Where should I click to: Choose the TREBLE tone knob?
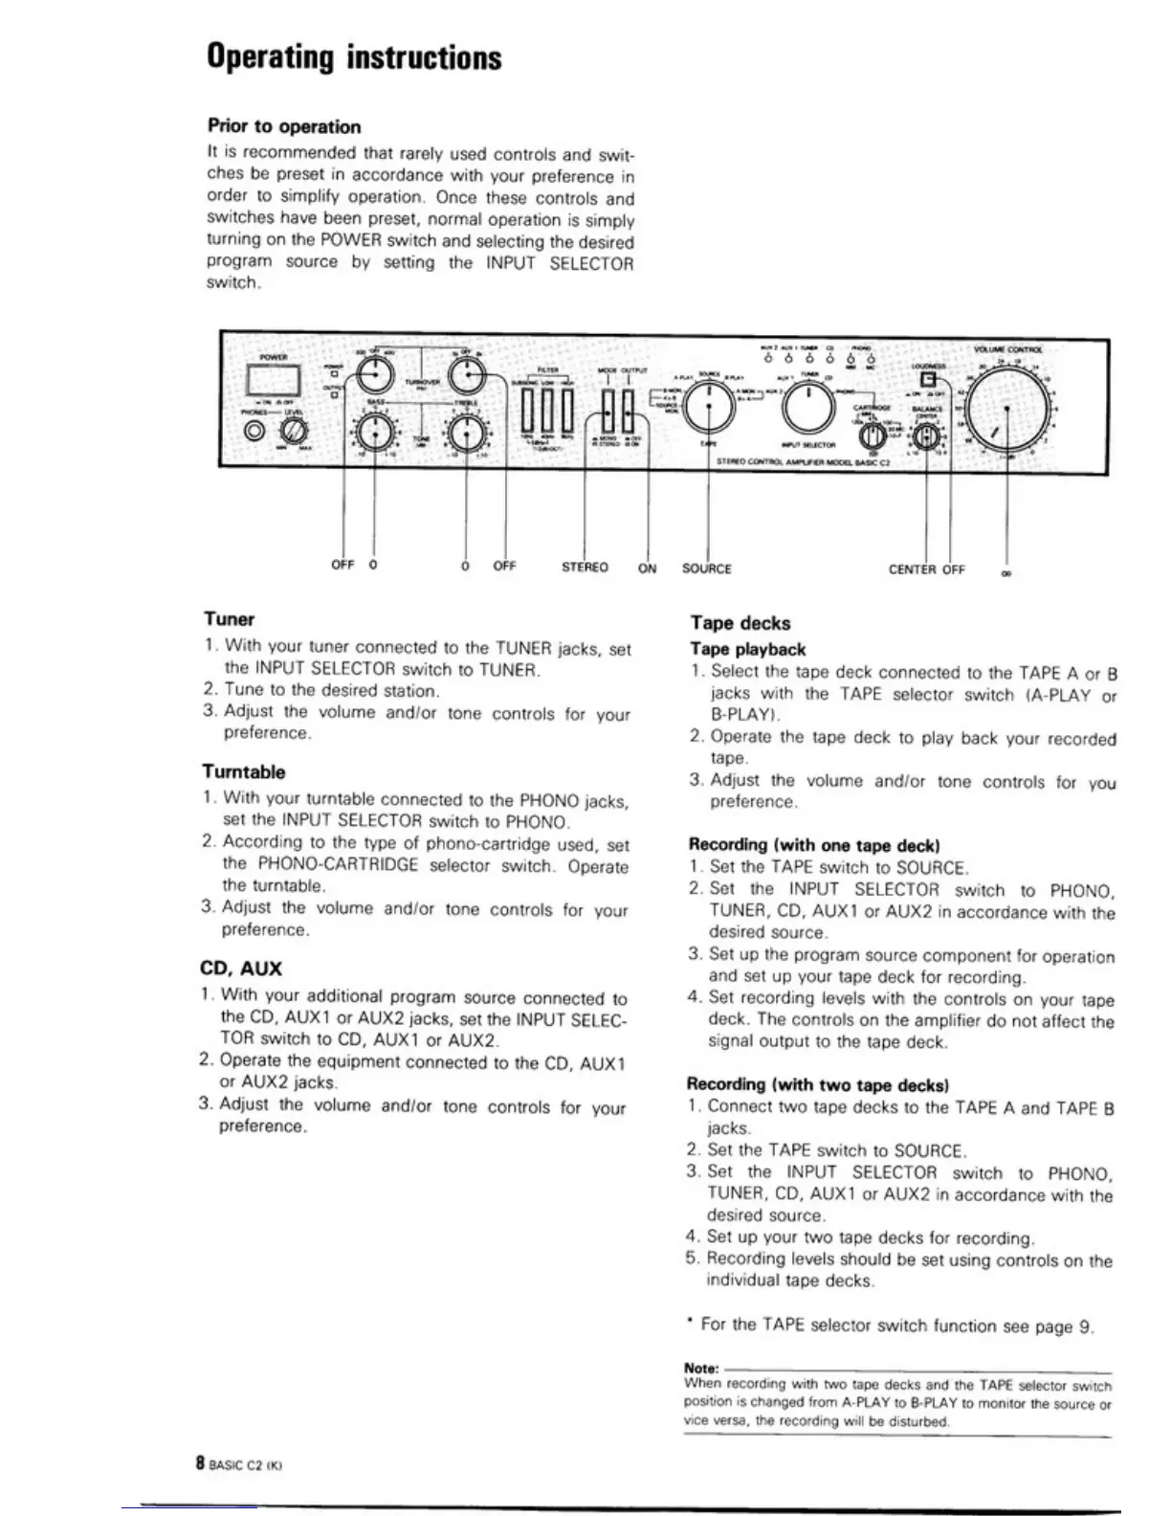[466, 435]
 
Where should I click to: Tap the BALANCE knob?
[925, 436]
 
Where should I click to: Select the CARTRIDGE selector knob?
[873, 436]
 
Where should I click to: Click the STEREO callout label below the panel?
[585, 568]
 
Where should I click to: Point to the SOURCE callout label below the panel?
[706, 568]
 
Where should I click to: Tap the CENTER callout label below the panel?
[913, 569]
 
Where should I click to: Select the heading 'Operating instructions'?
[353, 58]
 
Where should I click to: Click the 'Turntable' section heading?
[243, 771]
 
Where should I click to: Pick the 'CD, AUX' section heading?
[241, 969]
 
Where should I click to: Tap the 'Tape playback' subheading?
[747, 649]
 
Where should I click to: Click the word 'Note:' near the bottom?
[702, 1368]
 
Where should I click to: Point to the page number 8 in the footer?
[200, 1463]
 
